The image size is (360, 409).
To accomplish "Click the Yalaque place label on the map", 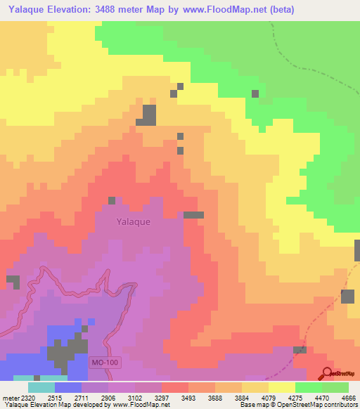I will pyautogui.click(x=133, y=221).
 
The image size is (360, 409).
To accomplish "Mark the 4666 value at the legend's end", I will pyautogui.click(x=349, y=398).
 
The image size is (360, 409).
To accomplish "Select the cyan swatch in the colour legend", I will pyautogui.click(x=41, y=387).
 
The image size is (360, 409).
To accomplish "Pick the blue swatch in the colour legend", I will pyautogui.click(x=68, y=387).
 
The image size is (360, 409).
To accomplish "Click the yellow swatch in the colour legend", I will pyautogui.click(x=281, y=387).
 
